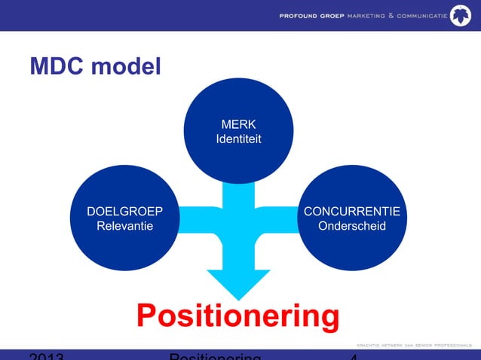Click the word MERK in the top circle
point(238,124)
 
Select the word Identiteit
point(238,139)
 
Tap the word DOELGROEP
point(124,211)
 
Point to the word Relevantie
point(124,226)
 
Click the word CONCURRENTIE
point(352,211)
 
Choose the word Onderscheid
point(352,226)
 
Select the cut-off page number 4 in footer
point(354,355)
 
